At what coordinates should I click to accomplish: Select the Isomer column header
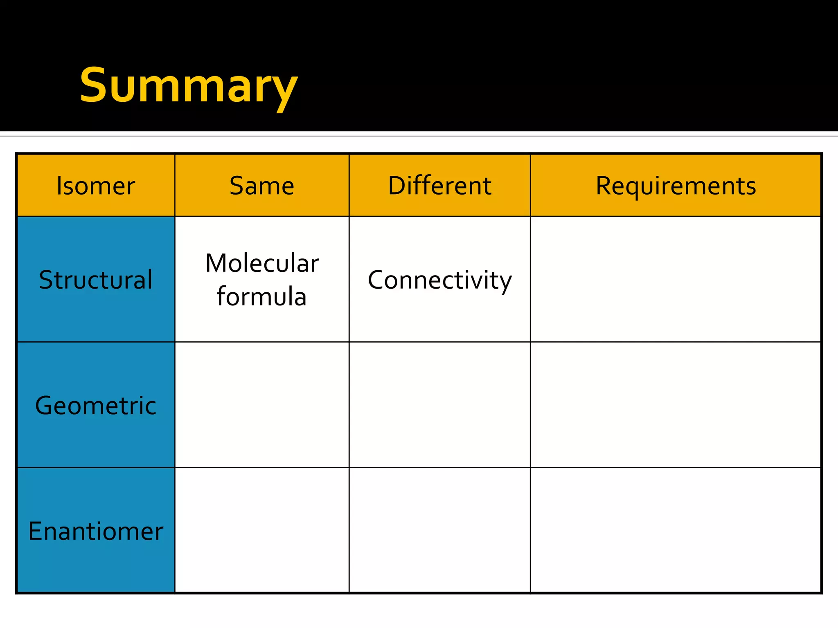click(96, 186)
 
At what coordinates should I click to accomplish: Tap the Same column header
click(262, 186)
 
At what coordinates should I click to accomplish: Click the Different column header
click(439, 186)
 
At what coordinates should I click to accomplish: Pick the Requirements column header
click(676, 186)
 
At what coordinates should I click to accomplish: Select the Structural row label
click(96, 280)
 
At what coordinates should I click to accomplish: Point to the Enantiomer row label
click(96, 531)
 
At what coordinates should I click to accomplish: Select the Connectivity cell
click(439, 280)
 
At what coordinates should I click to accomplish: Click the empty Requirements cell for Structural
click(676, 280)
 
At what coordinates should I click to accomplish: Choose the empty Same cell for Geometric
click(262, 405)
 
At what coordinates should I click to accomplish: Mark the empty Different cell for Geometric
click(439, 405)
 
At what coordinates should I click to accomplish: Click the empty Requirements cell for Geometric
click(676, 405)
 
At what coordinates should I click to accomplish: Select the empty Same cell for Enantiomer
click(262, 530)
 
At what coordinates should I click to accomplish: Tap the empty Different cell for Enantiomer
click(439, 530)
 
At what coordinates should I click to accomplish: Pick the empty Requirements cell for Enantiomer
click(676, 530)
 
